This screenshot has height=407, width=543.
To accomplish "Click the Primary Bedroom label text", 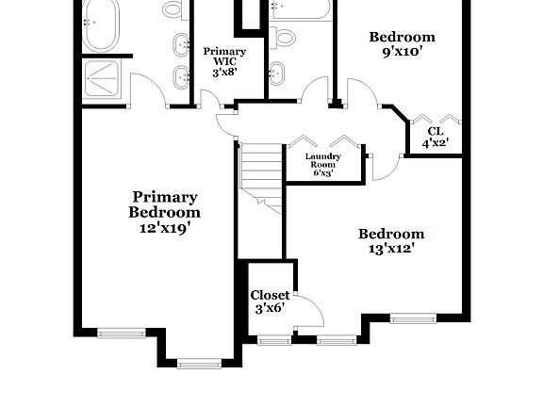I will click(164, 204).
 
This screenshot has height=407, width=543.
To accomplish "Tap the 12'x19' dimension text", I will click(164, 227).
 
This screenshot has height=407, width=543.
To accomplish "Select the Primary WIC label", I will click(224, 57).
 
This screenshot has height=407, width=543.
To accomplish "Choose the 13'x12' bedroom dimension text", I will click(391, 249).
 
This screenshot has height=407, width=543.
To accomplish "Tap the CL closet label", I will click(435, 131).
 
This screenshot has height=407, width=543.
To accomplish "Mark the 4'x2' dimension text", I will click(435, 144).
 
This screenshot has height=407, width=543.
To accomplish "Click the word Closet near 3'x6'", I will click(270, 296).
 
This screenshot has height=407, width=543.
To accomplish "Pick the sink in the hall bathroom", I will click(276, 72).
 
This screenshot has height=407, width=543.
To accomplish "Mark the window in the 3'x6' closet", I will click(275, 338).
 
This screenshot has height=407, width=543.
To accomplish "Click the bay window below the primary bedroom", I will click(197, 362).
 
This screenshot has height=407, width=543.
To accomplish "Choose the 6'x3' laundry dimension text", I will click(323, 172).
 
